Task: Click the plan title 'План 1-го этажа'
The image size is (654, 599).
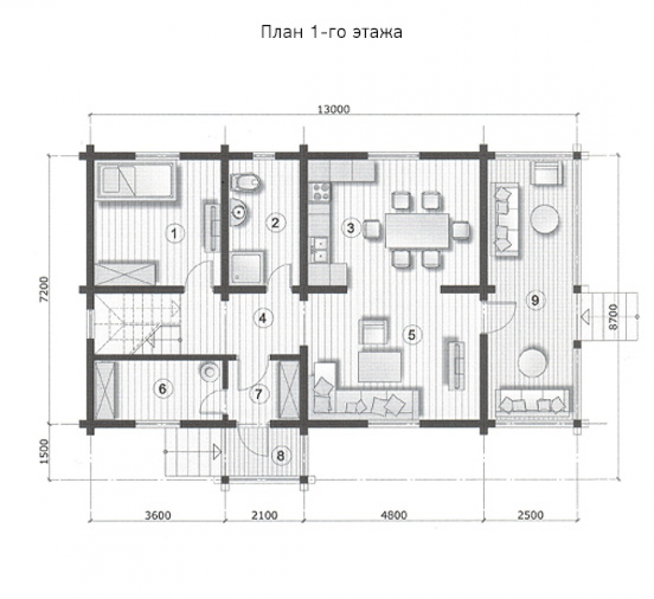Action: pyautogui.click(x=332, y=32)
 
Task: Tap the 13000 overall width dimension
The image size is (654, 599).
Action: pyautogui.click(x=334, y=109)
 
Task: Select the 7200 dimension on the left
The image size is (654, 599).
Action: pyautogui.click(x=44, y=288)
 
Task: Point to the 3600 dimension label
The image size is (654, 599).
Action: pyautogui.click(x=158, y=515)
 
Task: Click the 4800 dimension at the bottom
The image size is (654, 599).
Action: pyautogui.click(x=393, y=515)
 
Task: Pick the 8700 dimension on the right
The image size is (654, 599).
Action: pyautogui.click(x=613, y=317)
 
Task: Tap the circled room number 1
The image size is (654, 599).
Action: pyautogui.click(x=175, y=233)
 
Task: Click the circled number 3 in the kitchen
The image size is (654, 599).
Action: pyautogui.click(x=351, y=228)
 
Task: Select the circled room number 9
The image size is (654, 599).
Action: pyautogui.click(x=535, y=300)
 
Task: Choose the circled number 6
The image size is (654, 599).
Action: pyautogui.click(x=163, y=389)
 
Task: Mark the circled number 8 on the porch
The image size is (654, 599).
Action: pyautogui.click(x=281, y=455)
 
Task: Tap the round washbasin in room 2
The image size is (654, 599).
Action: pyautogui.click(x=239, y=211)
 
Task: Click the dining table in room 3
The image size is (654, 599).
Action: pyautogui.click(x=417, y=231)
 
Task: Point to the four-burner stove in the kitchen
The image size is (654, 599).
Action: pyautogui.click(x=320, y=192)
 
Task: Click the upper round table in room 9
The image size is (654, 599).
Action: pyautogui.click(x=544, y=218)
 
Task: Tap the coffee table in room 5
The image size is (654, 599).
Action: pyautogui.click(x=381, y=367)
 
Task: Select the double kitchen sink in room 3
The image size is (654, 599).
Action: pyautogui.click(x=320, y=249)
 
